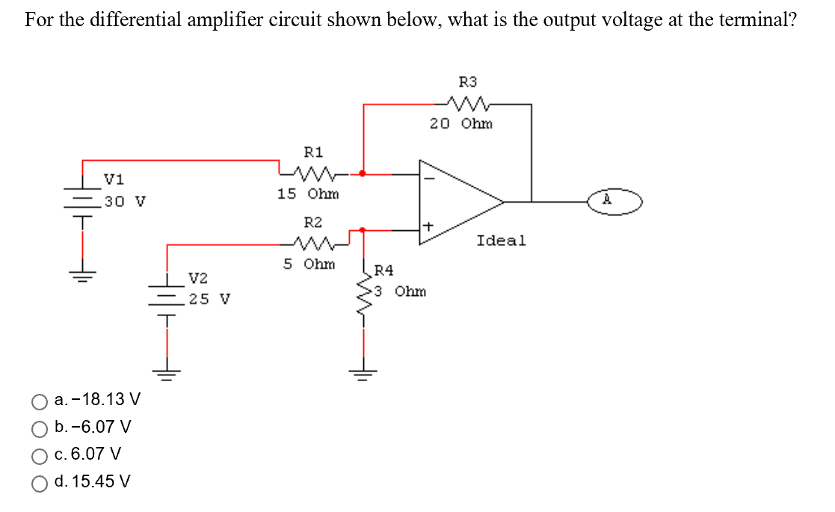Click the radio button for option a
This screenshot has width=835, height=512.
pyautogui.click(x=40, y=401)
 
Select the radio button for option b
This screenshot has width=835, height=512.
pyautogui.click(x=40, y=428)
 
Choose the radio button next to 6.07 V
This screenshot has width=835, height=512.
pyautogui.click(x=40, y=455)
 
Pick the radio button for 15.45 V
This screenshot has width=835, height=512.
pyautogui.click(x=40, y=483)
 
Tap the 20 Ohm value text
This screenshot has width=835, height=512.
pyautogui.click(x=461, y=124)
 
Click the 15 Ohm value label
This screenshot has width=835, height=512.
pyautogui.click(x=308, y=194)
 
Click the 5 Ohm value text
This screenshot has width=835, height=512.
pyautogui.click(x=309, y=264)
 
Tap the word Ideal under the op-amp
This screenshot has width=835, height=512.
pyautogui.click(x=501, y=241)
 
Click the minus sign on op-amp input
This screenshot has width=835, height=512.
pyautogui.click(x=428, y=177)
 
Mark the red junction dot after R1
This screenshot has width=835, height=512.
pyautogui.click(x=363, y=173)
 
